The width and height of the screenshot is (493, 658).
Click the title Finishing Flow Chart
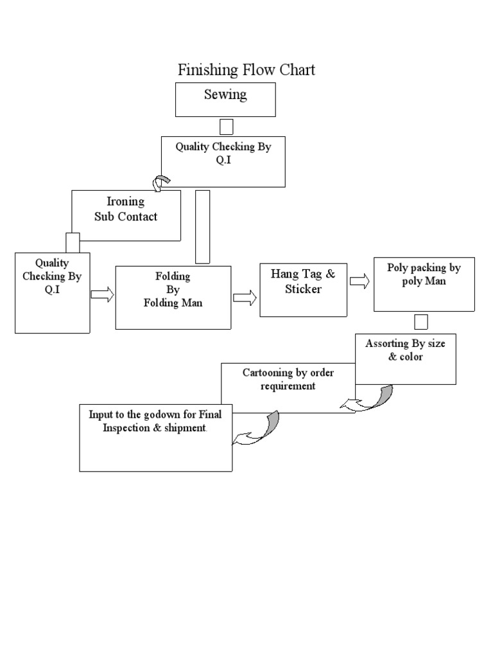246,69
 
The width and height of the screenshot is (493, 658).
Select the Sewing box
225,100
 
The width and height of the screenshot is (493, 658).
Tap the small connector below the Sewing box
226,127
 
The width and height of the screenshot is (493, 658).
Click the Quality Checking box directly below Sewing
223,161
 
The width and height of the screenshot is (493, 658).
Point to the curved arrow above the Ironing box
160,182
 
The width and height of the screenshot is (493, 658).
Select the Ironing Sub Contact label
126,209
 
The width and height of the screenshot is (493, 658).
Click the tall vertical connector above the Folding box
202,226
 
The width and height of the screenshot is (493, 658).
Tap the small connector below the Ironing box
73,242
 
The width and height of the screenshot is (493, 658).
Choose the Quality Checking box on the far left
52,292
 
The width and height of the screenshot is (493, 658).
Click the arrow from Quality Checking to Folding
102,294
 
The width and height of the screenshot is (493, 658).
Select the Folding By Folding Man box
173,297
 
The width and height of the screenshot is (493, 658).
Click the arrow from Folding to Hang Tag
245,298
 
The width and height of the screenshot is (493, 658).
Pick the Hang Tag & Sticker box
304,289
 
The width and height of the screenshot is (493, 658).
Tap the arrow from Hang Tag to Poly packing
359,281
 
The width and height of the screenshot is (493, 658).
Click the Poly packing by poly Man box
424,283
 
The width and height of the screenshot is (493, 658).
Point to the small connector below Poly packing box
421,321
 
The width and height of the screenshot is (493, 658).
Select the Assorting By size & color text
405,350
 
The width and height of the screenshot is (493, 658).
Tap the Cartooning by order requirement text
288,380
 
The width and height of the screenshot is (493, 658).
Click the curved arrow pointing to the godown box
257,429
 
